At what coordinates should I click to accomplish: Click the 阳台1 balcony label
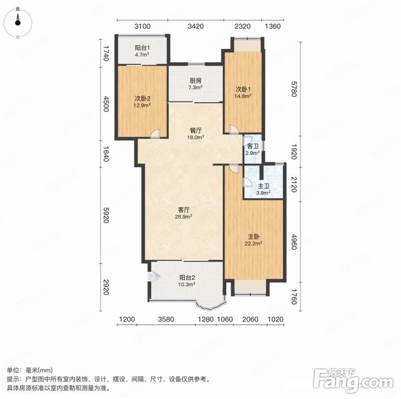click(x=142, y=47)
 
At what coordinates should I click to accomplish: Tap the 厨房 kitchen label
click(x=195, y=81)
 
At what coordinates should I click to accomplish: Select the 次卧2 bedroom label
click(x=142, y=98)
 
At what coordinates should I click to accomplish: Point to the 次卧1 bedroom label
click(x=243, y=89)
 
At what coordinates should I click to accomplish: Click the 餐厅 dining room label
click(x=195, y=131)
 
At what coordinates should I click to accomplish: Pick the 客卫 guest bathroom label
click(x=253, y=146)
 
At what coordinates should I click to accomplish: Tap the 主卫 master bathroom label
click(x=263, y=186)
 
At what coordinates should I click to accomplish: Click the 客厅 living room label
click(x=183, y=210)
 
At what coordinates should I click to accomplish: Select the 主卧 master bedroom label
click(x=253, y=237)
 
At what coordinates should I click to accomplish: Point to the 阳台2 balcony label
click(x=187, y=278)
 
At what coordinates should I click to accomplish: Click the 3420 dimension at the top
click(x=196, y=26)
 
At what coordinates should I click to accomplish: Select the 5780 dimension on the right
click(x=294, y=89)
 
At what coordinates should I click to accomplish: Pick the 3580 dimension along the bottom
click(x=166, y=319)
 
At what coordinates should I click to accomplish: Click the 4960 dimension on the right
click(x=294, y=242)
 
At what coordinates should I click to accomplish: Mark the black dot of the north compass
click(x=18, y=23)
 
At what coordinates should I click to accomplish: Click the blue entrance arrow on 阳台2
click(x=154, y=277)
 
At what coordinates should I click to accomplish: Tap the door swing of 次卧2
click(x=156, y=133)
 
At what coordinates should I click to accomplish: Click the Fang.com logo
click(x=353, y=380)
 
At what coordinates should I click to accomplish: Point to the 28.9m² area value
click(x=183, y=217)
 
